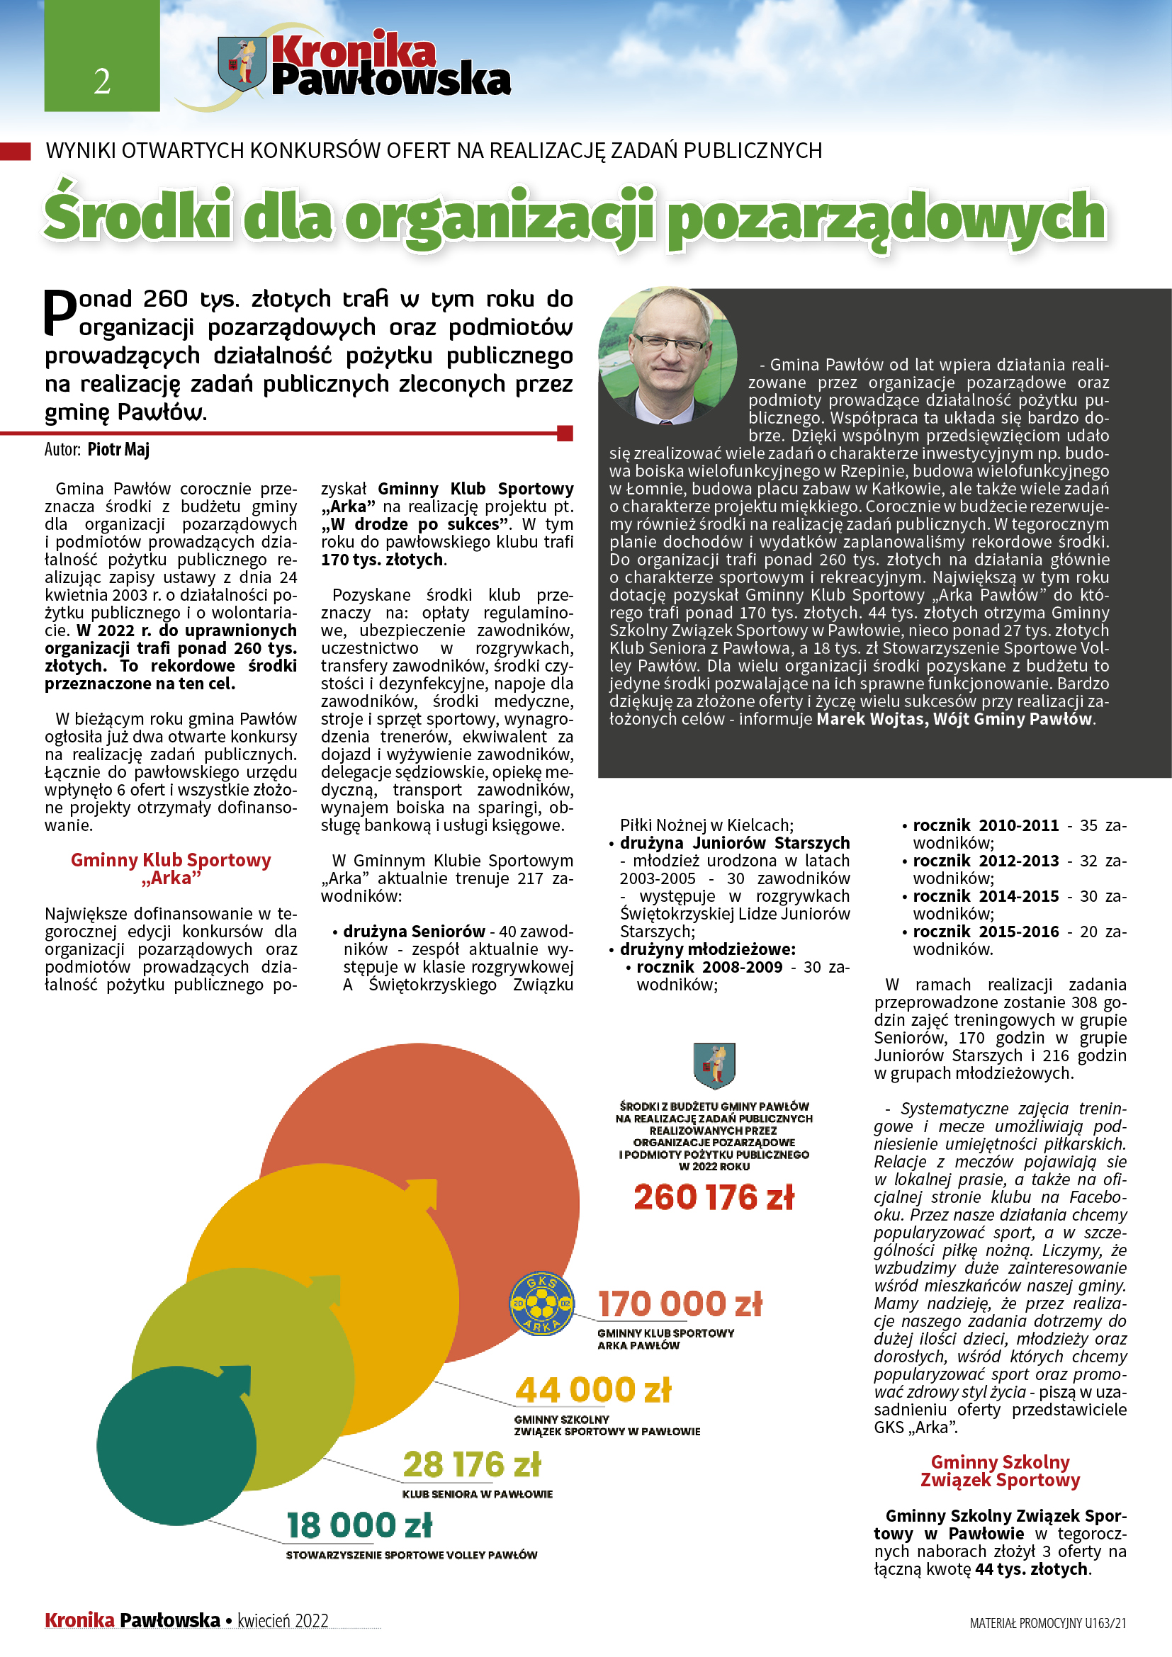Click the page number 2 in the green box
(102, 81)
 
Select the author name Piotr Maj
(118, 450)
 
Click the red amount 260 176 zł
(714, 1197)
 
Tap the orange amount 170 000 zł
(680, 1303)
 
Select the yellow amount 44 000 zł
(593, 1389)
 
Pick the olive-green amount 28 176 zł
(471, 1464)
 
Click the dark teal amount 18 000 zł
(359, 1525)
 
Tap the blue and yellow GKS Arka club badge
(542, 1303)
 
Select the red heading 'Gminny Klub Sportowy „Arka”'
(170, 869)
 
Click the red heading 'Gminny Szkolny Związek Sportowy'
(1000, 1471)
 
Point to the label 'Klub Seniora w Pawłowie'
(477, 1494)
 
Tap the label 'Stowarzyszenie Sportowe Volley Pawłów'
(412, 1554)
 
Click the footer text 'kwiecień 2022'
(283, 1621)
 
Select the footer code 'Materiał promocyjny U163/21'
(1047, 1623)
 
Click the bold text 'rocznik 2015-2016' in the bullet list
(986, 932)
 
